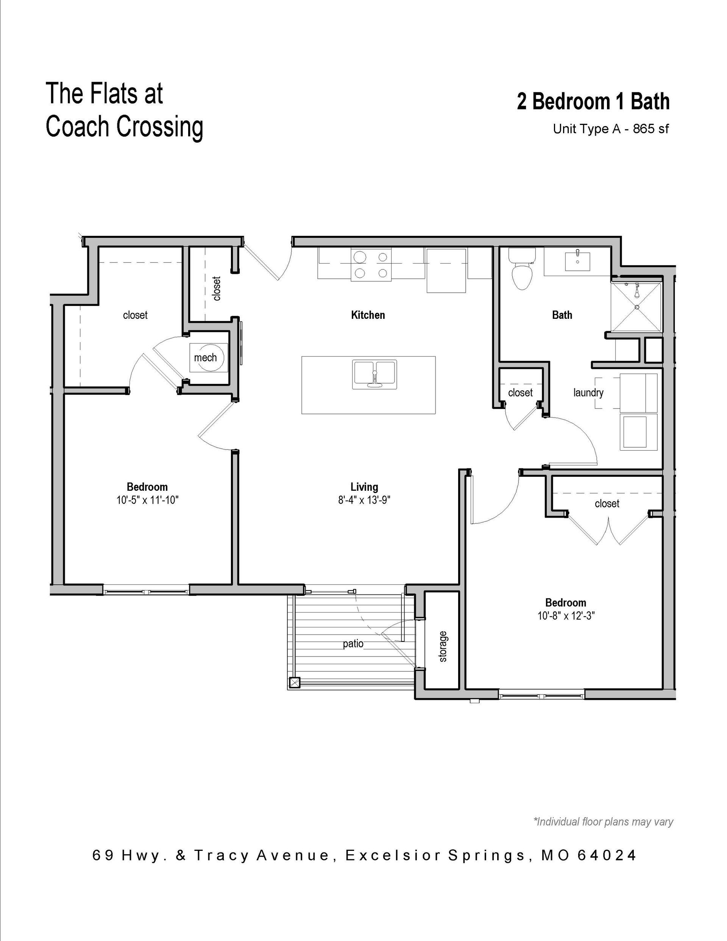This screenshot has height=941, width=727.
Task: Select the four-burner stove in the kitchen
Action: [x=371, y=265]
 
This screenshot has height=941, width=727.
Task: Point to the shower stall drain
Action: [x=637, y=307]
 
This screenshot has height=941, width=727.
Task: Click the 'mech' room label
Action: [x=205, y=357]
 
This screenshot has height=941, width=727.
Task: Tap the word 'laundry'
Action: [x=588, y=393]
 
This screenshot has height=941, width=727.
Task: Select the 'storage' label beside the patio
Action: [x=443, y=646]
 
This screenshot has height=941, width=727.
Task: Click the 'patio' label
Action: [x=353, y=644]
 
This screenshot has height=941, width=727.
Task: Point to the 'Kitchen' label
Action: [x=368, y=315]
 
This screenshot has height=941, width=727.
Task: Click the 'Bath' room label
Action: [x=562, y=315]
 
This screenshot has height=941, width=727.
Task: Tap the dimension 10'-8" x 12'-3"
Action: [x=566, y=616]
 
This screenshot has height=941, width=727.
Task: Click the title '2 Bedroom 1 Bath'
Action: [x=593, y=102]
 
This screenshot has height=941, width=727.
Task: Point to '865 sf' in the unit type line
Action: [x=651, y=129]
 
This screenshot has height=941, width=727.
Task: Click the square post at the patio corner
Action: [x=295, y=683]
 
